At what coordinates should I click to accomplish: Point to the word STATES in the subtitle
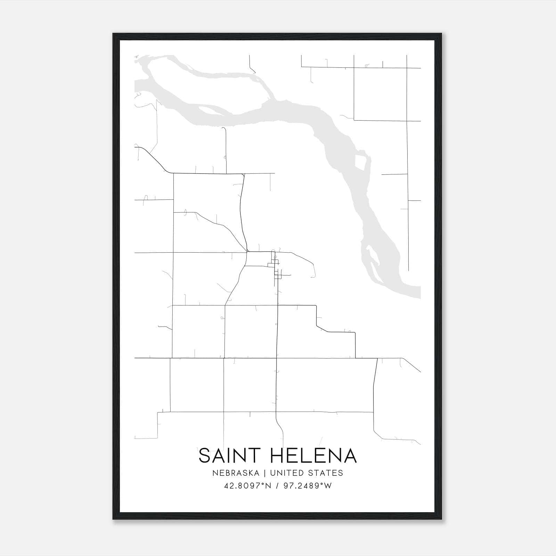[325, 473]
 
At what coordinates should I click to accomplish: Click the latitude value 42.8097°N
[247, 486]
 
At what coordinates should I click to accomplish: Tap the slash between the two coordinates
[277, 486]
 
